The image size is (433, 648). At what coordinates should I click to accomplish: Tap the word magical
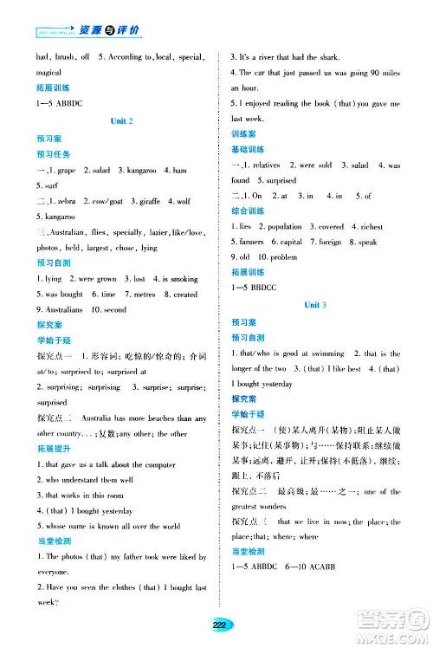pos(49,73)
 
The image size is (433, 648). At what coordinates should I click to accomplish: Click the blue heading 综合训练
pos(247,211)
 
